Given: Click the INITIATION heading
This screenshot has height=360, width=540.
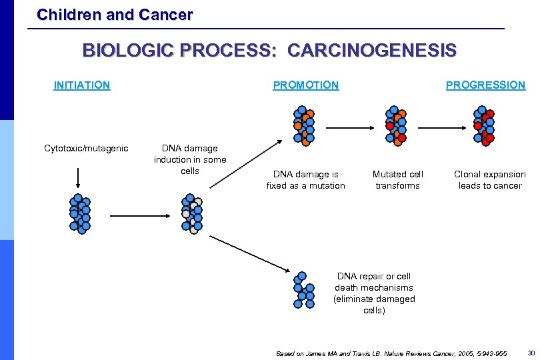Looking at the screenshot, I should [x=82, y=85].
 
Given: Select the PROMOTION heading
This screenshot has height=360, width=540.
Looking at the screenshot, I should [x=305, y=85].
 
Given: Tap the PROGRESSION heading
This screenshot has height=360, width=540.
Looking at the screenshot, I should [x=485, y=85].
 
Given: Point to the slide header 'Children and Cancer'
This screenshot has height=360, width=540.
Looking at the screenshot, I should [x=115, y=14].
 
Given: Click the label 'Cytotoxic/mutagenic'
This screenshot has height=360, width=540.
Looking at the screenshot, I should [x=86, y=148].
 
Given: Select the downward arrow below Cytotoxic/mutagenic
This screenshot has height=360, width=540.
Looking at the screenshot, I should [x=79, y=177].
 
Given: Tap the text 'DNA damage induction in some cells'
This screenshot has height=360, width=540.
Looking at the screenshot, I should [x=190, y=159].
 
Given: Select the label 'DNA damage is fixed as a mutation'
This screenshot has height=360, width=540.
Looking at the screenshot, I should [x=305, y=180].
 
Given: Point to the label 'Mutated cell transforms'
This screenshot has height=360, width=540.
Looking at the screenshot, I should [x=397, y=180].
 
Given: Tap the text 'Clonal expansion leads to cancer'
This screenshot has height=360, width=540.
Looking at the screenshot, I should [x=489, y=180].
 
